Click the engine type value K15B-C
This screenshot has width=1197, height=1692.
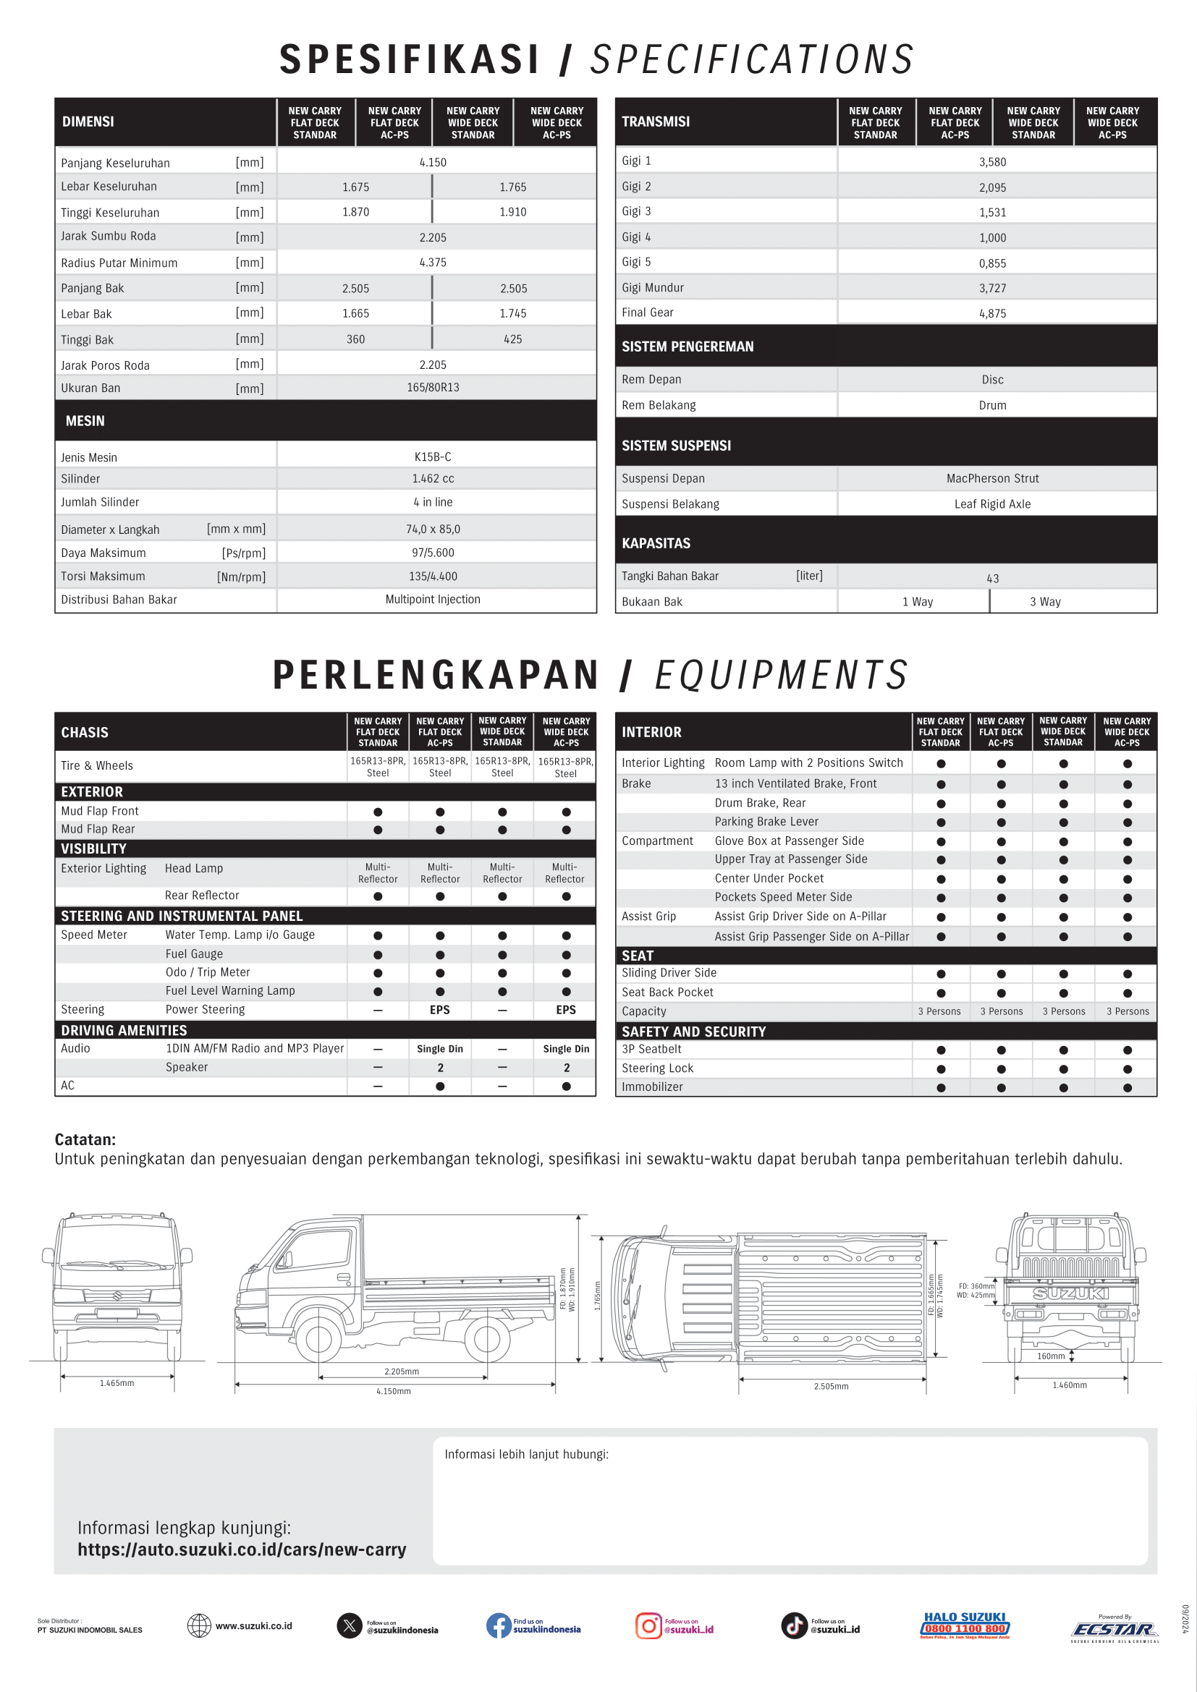pos(433,457)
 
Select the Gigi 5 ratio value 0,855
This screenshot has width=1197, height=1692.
pos(992,263)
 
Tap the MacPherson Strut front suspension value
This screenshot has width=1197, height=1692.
pos(992,478)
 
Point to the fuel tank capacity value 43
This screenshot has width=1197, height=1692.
pos(992,579)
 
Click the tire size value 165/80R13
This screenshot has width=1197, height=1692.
pos(433,388)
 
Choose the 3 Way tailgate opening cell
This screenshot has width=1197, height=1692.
pos(1044,601)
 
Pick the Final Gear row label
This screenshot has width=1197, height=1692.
pos(647,313)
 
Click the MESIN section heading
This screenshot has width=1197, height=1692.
pos(85,421)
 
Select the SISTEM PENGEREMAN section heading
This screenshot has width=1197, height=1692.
pos(687,347)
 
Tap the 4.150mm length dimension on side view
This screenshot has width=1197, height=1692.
pos(394,1391)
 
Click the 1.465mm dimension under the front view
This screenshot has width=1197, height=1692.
pos(117,1383)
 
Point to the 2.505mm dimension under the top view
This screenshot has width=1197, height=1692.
pos(831,1386)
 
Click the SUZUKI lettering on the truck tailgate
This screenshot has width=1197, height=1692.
pos(1070,1293)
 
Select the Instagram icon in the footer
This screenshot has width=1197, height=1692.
pos(648,1625)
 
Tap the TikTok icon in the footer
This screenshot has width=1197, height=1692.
pos(794,1625)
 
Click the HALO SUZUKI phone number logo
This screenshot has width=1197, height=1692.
pos(965,1625)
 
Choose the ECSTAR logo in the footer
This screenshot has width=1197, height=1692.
pos(1114,1629)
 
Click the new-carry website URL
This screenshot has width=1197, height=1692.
pos(242,1549)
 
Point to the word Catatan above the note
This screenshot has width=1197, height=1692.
pos(85,1139)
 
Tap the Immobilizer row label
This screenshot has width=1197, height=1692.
pos(651,1087)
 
